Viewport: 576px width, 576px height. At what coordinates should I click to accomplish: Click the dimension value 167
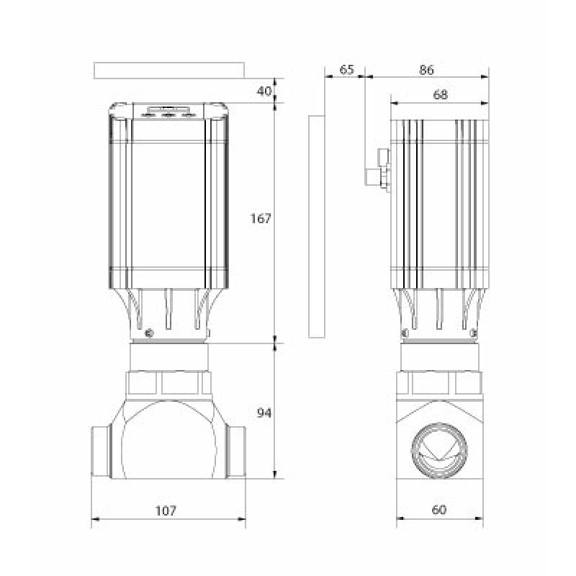[x=261, y=219]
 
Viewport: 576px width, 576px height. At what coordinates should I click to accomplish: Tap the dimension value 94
[x=264, y=413]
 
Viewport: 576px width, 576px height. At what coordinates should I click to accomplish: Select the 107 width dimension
[x=166, y=510]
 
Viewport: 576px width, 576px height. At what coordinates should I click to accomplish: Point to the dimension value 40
[x=264, y=91]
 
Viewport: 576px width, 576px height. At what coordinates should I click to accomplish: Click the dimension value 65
[x=347, y=69]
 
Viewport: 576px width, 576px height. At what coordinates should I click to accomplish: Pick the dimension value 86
[x=426, y=69]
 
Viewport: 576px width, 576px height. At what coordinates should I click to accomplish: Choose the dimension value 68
[x=440, y=95]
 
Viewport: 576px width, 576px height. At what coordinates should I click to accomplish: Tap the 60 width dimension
[x=439, y=510]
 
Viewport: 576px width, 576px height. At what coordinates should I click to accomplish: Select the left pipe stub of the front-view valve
[x=101, y=452]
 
